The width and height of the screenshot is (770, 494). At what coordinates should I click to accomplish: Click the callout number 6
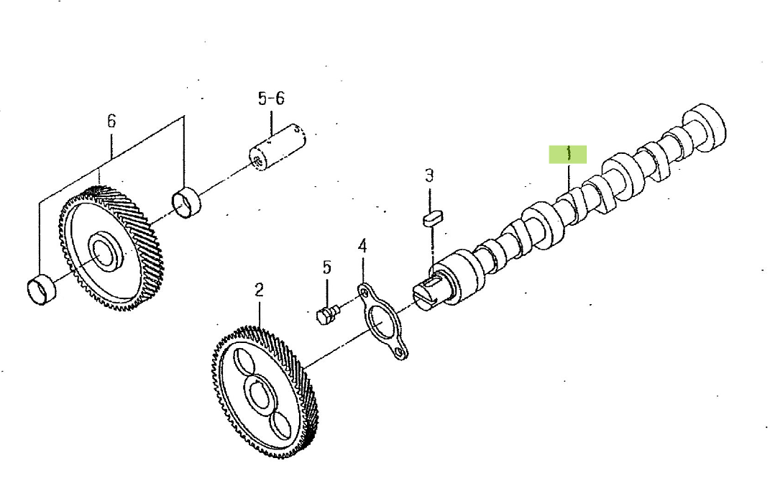click(111, 121)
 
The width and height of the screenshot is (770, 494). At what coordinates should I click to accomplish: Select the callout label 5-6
click(271, 99)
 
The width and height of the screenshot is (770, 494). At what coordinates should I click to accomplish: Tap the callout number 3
click(429, 175)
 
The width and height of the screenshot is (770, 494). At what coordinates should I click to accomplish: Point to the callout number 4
click(362, 246)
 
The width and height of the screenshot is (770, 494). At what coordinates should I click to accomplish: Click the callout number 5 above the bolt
click(327, 267)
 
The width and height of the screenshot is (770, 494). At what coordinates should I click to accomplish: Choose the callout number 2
click(259, 290)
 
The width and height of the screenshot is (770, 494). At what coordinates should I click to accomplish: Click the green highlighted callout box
click(568, 154)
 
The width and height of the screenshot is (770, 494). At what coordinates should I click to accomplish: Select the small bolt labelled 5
click(327, 314)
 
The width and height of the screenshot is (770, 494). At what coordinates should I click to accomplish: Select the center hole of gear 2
click(258, 393)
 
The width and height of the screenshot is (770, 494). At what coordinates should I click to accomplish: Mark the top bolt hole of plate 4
click(364, 293)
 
